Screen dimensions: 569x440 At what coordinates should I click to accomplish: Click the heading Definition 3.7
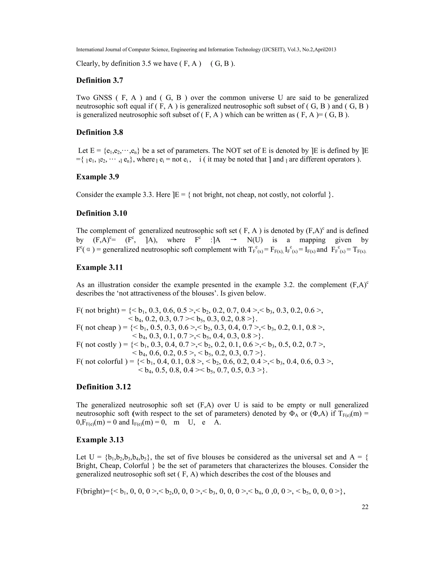[x=99, y=81]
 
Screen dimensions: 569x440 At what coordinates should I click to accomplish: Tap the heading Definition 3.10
[x=101, y=213]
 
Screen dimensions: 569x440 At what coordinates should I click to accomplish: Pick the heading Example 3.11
[x=99, y=268]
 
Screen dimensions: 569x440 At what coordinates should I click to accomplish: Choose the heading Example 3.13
[x=99, y=440]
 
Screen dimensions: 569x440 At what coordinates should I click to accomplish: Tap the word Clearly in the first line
[x=87, y=64]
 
